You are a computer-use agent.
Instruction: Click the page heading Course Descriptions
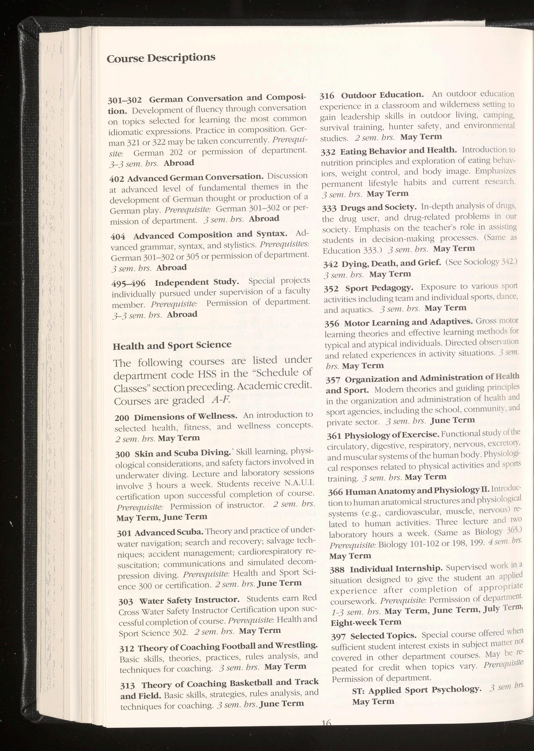[x=161, y=58]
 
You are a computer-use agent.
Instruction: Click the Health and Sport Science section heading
[x=172, y=345]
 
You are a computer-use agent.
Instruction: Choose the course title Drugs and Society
[x=378, y=208]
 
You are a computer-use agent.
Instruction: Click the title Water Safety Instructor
[x=189, y=600]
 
